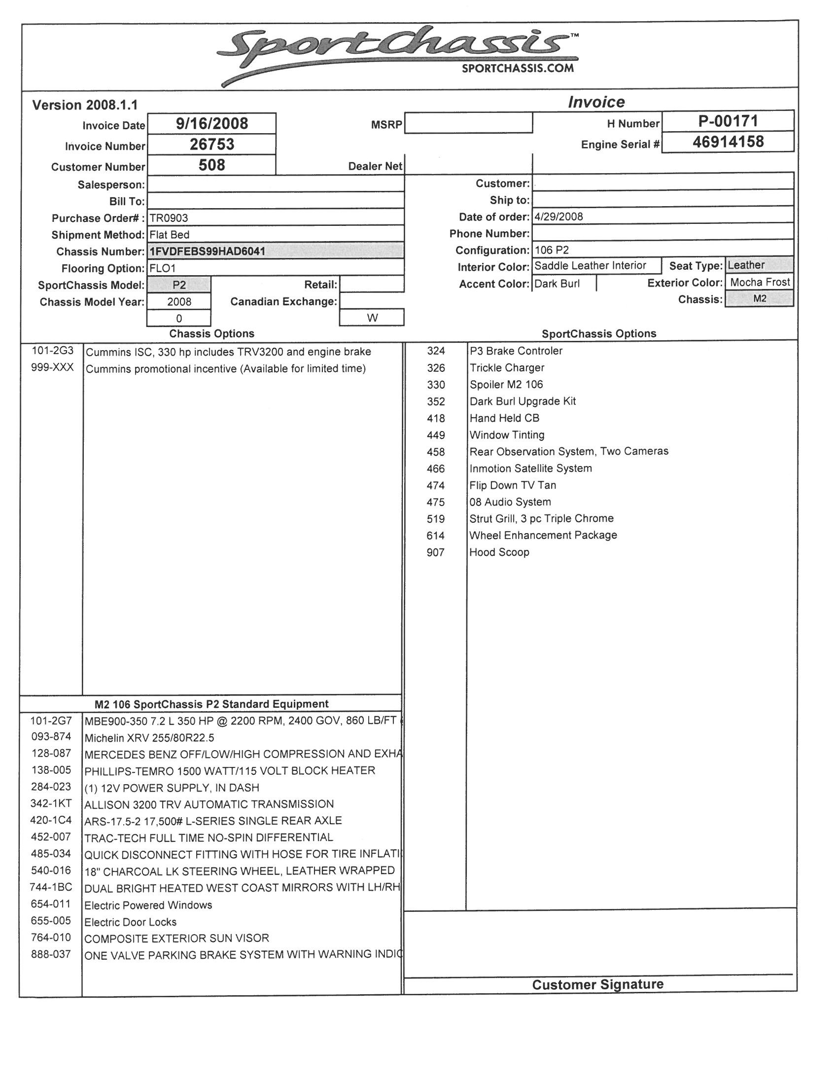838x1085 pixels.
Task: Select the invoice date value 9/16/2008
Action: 212,123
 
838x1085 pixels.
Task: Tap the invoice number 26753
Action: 212,144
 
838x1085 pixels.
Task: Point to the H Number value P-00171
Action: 728,121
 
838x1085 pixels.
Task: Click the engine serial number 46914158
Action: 728,142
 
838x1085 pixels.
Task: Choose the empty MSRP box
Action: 468,123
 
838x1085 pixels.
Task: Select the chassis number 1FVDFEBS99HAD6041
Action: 207,252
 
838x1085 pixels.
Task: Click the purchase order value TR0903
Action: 169,218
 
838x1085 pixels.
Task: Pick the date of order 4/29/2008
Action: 559,217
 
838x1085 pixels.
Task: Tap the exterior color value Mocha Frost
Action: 760,282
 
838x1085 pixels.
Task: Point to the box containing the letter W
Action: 372,318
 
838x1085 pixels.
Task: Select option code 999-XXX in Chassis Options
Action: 52,367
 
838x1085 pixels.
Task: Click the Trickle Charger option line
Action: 507,367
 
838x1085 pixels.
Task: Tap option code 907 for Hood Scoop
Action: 435,552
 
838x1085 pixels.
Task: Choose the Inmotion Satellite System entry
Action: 530,469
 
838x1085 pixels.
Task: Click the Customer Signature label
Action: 597,985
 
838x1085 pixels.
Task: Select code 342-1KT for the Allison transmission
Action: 51,803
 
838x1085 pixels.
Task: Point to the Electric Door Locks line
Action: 130,922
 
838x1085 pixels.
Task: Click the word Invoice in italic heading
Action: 596,103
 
